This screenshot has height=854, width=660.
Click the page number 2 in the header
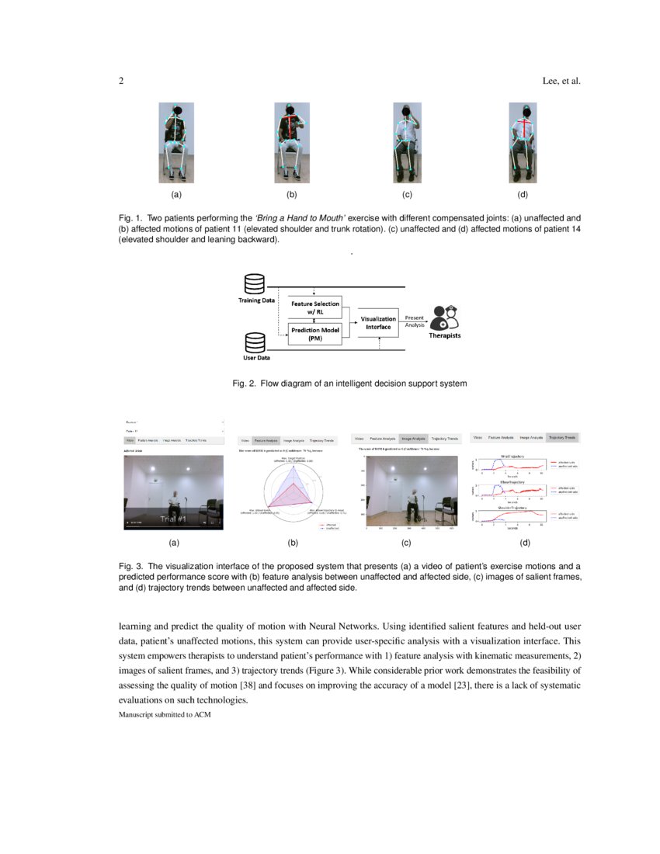click(121, 81)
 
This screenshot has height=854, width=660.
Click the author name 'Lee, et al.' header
click(560, 81)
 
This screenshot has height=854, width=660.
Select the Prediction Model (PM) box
click(314, 334)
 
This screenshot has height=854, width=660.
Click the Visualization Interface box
click(378, 322)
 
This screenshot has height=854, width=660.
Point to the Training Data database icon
click(255, 283)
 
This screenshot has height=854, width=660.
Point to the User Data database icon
click(255, 342)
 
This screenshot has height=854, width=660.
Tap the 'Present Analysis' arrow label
click(415, 321)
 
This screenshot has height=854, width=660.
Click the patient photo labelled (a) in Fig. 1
click(176, 143)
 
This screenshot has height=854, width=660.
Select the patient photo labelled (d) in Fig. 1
click(523, 143)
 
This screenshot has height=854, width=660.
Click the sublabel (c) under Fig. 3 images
click(406, 543)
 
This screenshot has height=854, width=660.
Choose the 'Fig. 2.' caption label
click(245, 383)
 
